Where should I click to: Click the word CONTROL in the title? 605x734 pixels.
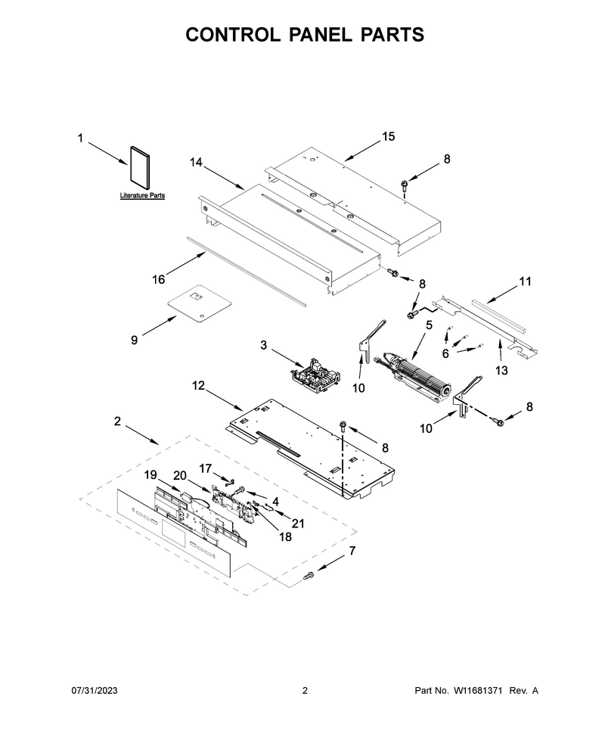[233, 35]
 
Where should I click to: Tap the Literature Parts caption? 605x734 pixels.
[142, 196]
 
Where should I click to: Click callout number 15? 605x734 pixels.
[389, 136]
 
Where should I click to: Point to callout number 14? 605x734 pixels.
[196, 162]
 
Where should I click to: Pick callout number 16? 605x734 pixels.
[159, 279]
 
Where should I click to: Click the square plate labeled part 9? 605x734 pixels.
[200, 303]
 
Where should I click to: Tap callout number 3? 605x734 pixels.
[263, 345]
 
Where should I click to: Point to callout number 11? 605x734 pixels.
[525, 281]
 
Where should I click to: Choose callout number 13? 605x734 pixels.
[501, 371]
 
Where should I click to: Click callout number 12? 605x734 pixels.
[198, 385]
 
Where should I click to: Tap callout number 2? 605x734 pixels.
[117, 421]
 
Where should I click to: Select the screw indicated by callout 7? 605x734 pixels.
[309, 577]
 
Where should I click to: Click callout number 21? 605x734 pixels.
[298, 524]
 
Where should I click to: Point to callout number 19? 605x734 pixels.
[150, 475]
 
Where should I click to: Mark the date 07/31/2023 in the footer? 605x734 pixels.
[95, 690]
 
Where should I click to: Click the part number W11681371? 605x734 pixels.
[476, 690]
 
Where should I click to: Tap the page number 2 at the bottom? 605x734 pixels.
[305, 690]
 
